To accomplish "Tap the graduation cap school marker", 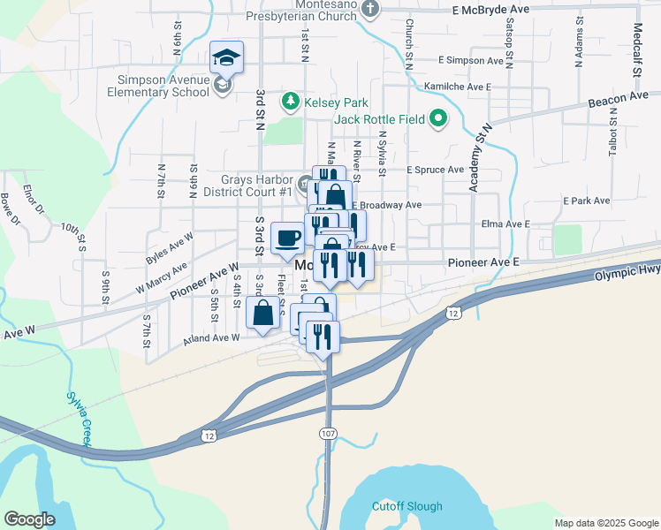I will [226, 58].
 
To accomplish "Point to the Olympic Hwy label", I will [627, 275].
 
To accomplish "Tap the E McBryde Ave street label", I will [490, 10].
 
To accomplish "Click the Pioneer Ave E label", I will [482, 262].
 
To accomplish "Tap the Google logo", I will [29, 519].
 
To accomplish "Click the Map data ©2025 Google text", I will [605, 523].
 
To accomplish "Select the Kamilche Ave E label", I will [457, 87].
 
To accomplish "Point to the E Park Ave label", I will [589, 201].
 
